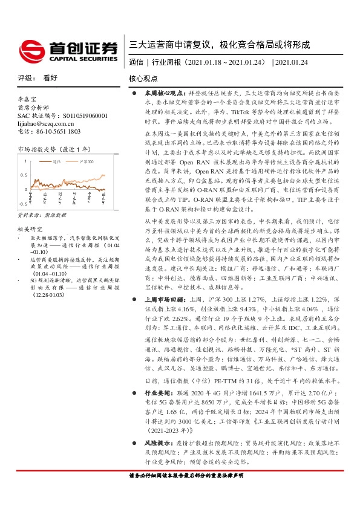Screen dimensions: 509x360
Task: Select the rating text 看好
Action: pyautogui.click(x=50, y=78)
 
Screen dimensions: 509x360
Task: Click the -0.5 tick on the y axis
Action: pyautogui.click(x=22, y=206)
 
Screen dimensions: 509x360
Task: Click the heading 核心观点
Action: pyautogui.click(x=143, y=79)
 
